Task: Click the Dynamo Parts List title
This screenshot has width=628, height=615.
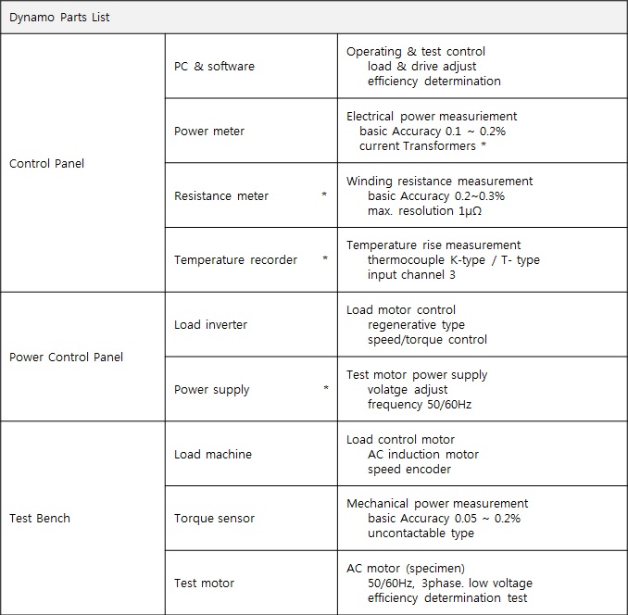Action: click(59, 18)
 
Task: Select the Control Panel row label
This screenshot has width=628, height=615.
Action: click(46, 164)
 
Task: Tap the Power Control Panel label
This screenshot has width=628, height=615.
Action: click(66, 358)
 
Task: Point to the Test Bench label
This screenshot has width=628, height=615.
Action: click(40, 519)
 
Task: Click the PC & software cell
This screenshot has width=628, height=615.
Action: click(214, 67)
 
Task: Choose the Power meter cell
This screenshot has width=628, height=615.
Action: click(209, 132)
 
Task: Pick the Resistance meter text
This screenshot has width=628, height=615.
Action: click(221, 196)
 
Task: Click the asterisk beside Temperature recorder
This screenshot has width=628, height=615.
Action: click(324, 259)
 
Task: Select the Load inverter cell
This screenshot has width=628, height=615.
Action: click(211, 325)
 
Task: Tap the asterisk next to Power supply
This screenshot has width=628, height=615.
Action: click(325, 389)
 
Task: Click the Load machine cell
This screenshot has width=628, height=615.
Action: click(213, 455)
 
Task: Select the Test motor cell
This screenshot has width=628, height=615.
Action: click(204, 584)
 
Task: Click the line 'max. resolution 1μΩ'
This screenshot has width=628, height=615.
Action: click(424, 211)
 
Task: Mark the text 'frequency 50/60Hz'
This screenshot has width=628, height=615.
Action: click(421, 405)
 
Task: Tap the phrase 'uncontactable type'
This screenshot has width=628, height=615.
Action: click(421, 533)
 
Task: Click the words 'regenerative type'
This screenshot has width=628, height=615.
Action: click(416, 325)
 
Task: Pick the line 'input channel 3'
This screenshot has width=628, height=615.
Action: click(411, 275)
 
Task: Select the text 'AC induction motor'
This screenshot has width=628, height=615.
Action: click(423, 455)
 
